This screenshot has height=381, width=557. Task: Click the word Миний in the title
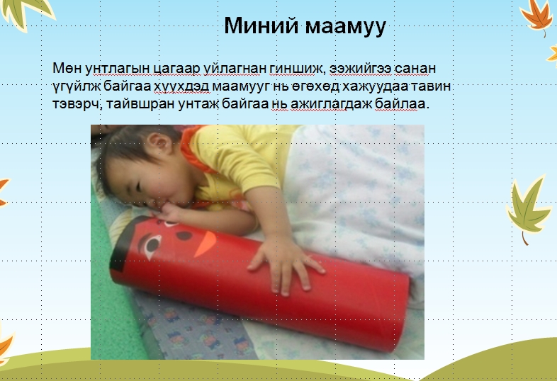261,25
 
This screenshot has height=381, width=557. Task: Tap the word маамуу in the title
345,26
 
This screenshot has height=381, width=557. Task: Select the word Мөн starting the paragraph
67,68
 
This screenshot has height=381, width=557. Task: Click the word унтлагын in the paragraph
118,69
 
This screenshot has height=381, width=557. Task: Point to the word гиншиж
298,69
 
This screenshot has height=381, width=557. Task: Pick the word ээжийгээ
361,69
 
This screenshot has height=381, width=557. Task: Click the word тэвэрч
77,104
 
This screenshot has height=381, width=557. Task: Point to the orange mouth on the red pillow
205,244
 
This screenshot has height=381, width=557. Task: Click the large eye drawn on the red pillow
152,244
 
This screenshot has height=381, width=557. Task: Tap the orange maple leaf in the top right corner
536,16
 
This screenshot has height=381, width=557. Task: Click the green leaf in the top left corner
28,13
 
